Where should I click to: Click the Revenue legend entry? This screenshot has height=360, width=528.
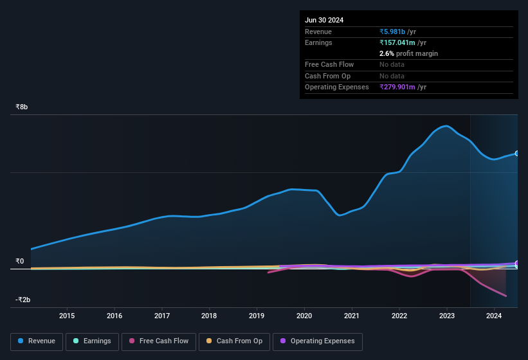37,341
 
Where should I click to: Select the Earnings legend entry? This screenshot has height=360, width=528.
92,341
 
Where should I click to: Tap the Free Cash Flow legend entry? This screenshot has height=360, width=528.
158,341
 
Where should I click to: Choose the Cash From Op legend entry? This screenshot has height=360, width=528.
233,341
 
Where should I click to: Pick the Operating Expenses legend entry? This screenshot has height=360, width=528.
317,341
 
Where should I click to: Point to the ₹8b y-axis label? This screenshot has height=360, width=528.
22,107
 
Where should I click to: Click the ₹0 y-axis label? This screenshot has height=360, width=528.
19,261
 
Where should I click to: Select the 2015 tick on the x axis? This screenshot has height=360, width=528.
67,316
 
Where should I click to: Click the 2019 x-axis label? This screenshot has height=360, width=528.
257,316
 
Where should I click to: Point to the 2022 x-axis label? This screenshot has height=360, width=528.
399,316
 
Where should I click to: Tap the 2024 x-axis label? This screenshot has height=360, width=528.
494,316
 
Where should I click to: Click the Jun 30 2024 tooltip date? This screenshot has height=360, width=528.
324,20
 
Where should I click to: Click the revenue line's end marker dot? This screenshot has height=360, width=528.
516,154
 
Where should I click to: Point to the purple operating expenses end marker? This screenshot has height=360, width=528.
516,264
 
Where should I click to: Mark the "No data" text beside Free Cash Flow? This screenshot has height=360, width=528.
392,64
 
